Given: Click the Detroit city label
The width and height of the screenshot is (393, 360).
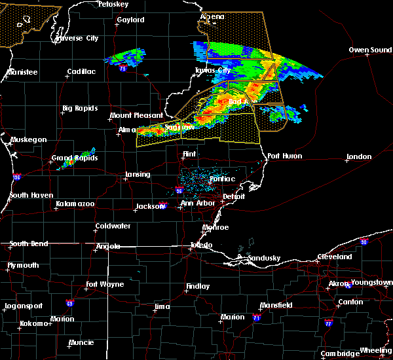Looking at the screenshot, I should tap(233, 196).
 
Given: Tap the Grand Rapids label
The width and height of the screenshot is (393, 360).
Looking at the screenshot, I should tap(75, 158).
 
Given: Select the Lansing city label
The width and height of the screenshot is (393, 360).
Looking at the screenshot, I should tap(137, 175).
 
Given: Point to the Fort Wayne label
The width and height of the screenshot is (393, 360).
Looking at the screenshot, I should tap(105, 284).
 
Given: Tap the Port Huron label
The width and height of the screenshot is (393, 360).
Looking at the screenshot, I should tap(282, 156).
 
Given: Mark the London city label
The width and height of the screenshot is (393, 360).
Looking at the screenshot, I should tap(359, 156).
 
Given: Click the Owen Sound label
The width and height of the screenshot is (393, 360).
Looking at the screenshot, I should tap(370, 50).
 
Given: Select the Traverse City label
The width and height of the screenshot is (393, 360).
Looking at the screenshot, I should tap(77, 39).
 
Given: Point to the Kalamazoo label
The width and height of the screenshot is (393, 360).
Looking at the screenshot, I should tap(74, 204).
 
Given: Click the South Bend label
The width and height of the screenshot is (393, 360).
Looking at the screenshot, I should tap(28, 243).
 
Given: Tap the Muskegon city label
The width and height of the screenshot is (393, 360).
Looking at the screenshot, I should tap(28, 139).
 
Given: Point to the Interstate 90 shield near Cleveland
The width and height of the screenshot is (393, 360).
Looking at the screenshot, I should tap(364, 242).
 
